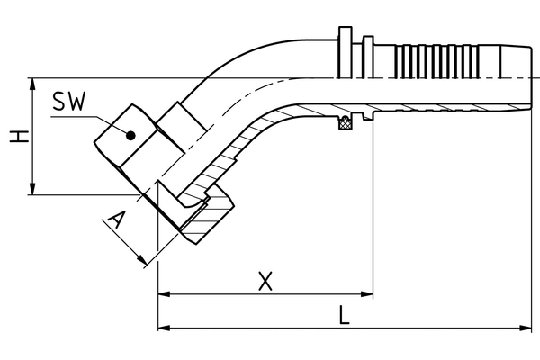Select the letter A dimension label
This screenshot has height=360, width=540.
[x=114, y=220]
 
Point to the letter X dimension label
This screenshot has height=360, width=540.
[x=265, y=281]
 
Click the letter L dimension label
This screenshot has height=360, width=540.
[x=346, y=316]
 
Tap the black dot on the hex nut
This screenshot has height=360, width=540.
[x=130, y=136]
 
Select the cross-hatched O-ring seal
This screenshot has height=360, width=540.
[x=343, y=124]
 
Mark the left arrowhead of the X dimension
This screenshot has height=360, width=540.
[x=163, y=293]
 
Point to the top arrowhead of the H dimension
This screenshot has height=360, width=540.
[x=33, y=84]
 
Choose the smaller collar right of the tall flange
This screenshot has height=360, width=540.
[x=369, y=57]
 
